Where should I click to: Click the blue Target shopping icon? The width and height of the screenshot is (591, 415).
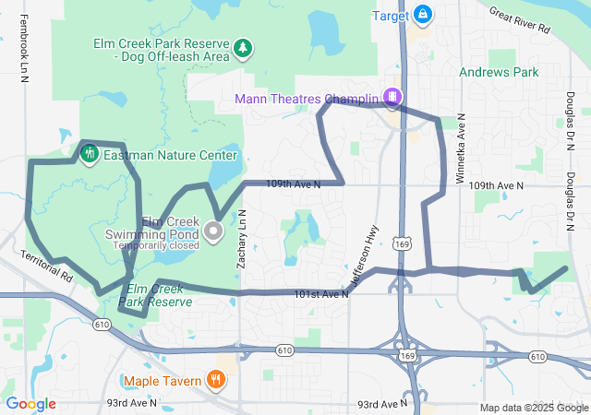[422, 14]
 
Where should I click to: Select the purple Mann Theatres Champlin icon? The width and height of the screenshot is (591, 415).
[392, 98]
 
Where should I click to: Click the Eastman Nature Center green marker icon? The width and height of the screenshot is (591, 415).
[90, 154]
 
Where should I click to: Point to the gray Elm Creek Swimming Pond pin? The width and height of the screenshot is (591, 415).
[214, 231]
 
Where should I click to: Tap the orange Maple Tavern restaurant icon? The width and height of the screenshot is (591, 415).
[215, 378]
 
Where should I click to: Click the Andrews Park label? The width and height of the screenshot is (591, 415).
[499, 71]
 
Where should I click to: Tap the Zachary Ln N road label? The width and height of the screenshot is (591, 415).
[242, 239]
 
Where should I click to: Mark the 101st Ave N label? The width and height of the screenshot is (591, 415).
[320, 294]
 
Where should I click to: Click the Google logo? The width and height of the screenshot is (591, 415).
[30, 404]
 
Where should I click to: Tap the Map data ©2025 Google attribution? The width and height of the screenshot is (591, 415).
[533, 408]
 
